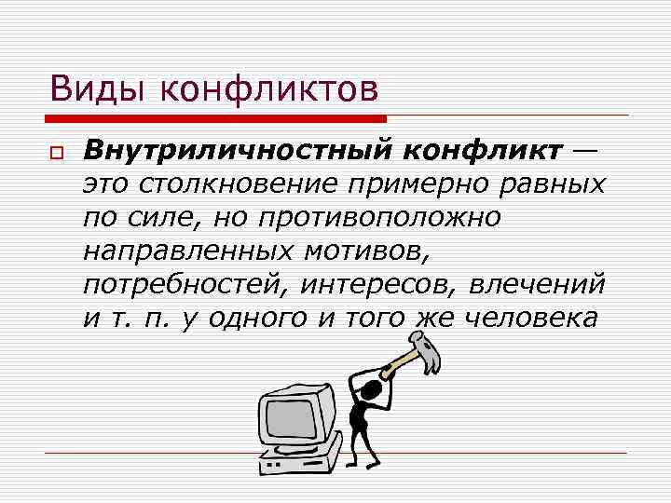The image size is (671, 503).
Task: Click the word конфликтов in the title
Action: coord(270,90)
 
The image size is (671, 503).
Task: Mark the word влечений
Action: coord(538,284)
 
